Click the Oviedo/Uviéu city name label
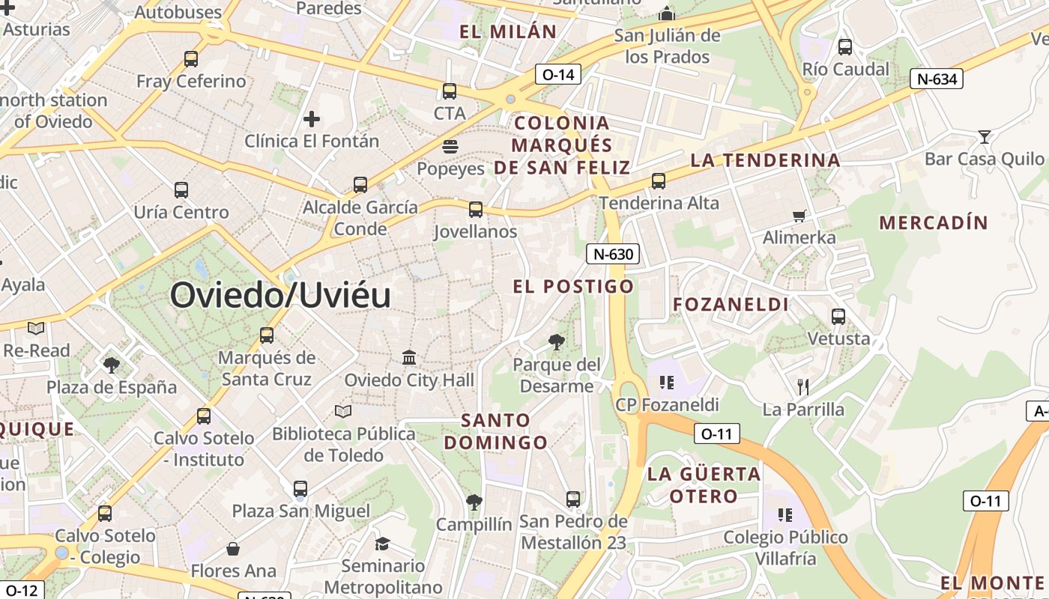[280, 295]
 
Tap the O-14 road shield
[558, 74]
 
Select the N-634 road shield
[936, 79]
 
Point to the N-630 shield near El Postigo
[613, 254]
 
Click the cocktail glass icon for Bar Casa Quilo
[985, 137]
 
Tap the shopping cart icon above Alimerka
[799, 216]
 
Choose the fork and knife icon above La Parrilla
[803, 387]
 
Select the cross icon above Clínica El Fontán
[312, 119]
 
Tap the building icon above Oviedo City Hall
[409, 358]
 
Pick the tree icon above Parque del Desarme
[556, 342]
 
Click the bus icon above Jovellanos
[476, 210]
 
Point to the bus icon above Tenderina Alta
[659, 181]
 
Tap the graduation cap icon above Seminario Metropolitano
[383, 544]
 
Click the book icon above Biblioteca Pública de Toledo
[343, 411]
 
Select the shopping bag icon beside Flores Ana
[233, 549]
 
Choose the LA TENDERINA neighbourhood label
[765, 159]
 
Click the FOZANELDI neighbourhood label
[731, 304]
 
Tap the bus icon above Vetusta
[838, 317]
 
